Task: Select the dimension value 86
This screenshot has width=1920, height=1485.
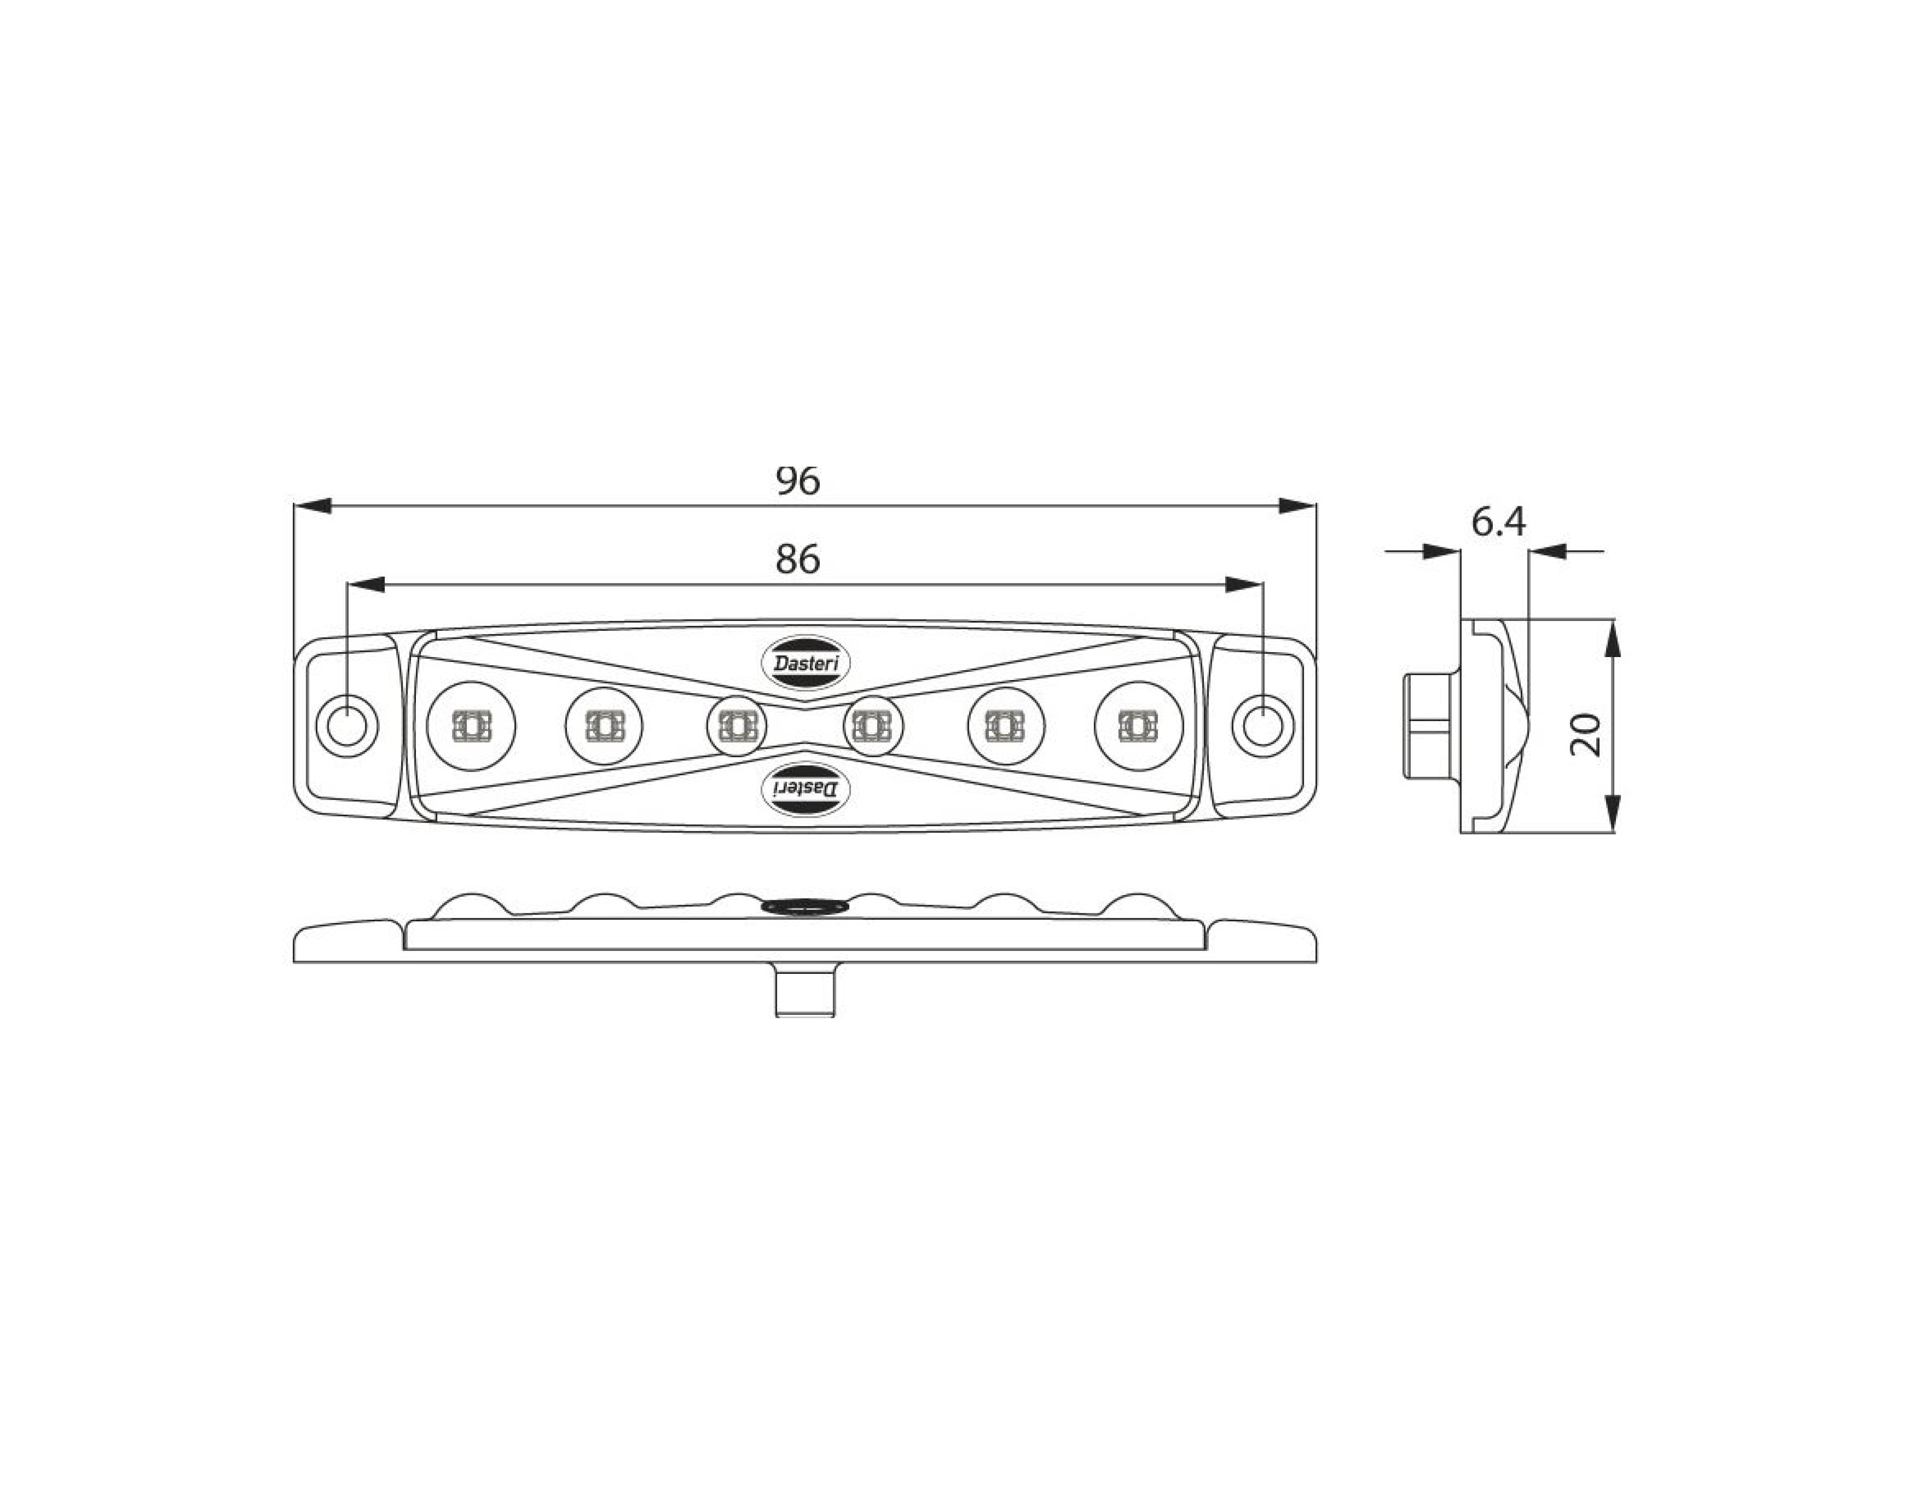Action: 797,558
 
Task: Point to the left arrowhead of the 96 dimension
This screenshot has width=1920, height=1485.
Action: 312,506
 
